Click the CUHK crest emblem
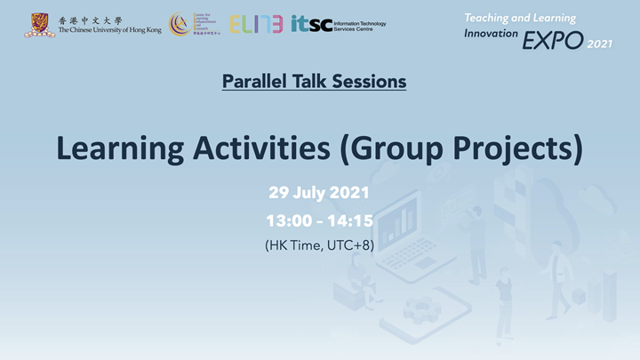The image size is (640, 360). click(40, 24)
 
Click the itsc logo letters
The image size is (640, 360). click(311, 24)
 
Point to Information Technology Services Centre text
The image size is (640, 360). click(359, 25)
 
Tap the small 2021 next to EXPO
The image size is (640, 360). click(601, 43)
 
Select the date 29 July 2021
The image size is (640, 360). click(319, 193)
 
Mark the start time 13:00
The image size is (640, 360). click(286, 220)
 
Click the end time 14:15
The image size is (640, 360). click(352, 220)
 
